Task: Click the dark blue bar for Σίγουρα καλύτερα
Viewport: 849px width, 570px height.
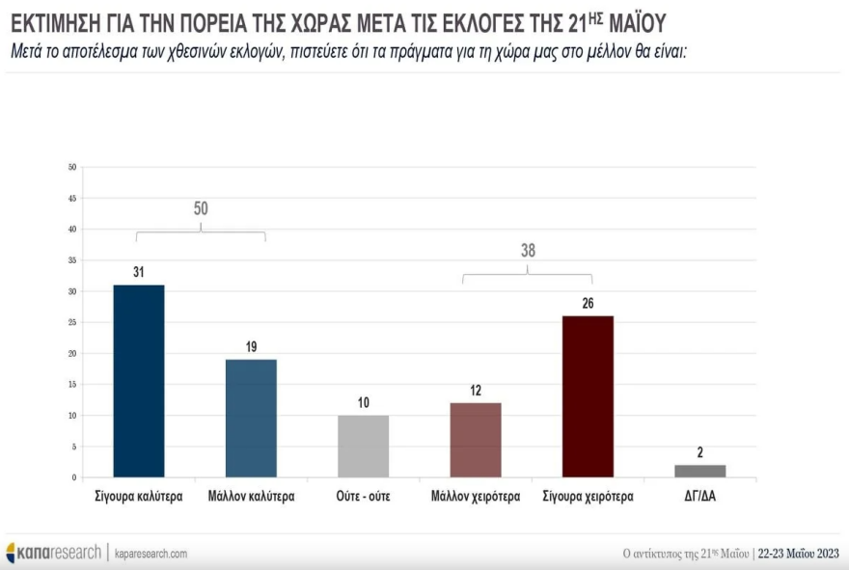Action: click(x=139, y=381)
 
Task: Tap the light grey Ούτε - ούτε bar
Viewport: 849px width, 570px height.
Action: click(x=363, y=447)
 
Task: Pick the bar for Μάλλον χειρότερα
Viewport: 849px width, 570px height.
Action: click(x=476, y=440)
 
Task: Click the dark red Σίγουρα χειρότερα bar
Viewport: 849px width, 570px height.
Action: click(x=588, y=396)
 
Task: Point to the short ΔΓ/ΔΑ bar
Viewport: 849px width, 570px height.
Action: click(x=700, y=471)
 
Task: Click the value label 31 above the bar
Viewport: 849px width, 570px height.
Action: click(x=139, y=273)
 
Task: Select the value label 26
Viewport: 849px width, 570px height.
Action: click(x=588, y=304)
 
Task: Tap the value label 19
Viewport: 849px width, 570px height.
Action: click(x=251, y=347)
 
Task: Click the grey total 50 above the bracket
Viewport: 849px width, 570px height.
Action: click(x=201, y=208)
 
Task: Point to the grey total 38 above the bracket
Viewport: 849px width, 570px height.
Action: click(x=528, y=251)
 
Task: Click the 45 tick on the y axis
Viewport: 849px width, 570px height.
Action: click(x=71, y=199)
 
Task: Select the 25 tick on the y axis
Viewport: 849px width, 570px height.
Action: click(x=71, y=322)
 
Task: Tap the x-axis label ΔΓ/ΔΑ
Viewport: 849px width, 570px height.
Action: click(x=700, y=497)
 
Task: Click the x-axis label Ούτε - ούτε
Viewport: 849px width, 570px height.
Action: click(x=363, y=497)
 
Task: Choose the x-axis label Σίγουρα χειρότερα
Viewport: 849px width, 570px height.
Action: click(x=588, y=497)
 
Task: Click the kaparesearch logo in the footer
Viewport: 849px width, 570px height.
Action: click(x=53, y=553)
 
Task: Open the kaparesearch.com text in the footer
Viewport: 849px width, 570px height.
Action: click(x=151, y=554)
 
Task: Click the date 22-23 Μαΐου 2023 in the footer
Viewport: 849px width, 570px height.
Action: click(x=799, y=554)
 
